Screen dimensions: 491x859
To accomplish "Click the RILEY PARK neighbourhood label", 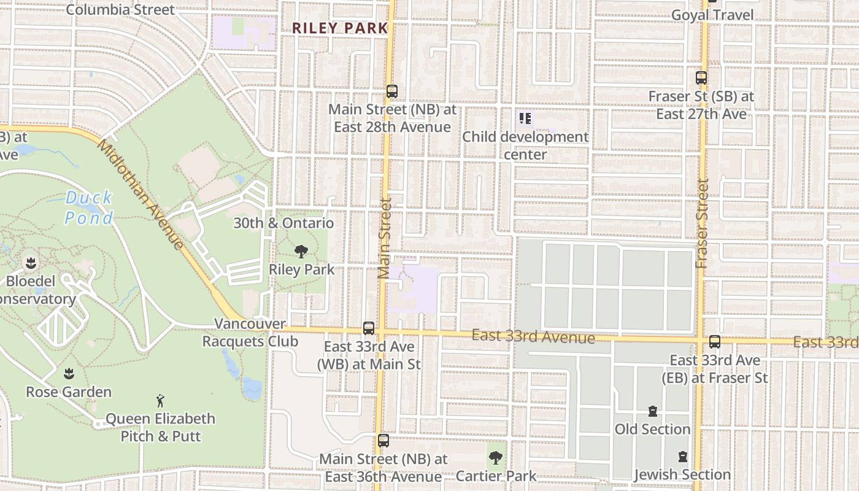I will [x=340, y=28].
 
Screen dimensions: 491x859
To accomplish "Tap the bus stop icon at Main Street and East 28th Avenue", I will [x=392, y=91].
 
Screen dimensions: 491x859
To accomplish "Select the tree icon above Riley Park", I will [x=301, y=251].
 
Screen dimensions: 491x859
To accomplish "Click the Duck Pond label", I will [x=90, y=207].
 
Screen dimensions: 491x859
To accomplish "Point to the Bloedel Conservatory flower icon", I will [x=30, y=263].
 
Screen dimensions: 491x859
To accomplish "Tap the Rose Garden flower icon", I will [x=69, y=373].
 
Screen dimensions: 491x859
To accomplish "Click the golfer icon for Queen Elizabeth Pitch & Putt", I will [x=160, y=400].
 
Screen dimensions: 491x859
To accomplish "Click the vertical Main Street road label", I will [x=385, y=238].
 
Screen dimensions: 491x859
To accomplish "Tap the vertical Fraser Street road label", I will [x=703, y=223].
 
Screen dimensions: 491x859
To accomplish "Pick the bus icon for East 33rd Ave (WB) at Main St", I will [x=368, y=328].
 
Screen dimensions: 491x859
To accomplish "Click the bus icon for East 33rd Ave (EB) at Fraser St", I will [x=714, y=342].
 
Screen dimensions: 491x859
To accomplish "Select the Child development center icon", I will [x=525, y=118].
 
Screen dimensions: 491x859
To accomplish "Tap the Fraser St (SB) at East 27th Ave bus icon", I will [x=701, y=78].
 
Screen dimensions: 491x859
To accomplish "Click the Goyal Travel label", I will [x=712, y=15].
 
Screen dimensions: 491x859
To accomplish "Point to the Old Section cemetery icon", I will [x=652, y=411].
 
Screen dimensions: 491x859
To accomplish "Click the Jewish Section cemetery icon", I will [x=682, y=457].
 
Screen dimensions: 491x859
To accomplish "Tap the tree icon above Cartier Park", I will [x=495, y=457].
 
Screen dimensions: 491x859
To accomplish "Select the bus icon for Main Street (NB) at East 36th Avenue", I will [x=383, y=440].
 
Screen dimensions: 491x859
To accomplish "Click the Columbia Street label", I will [x=120, y=10].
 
